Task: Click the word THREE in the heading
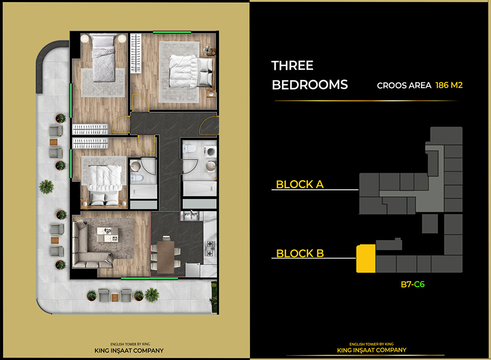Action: click(x=292, y=66)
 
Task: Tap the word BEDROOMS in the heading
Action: click(x=309, y=85)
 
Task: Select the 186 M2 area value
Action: click(x=449, y=86)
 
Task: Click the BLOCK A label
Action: click(x=300, y=185)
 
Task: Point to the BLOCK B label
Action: click(x=300, y=253)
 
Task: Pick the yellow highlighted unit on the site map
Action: click(x=365, y=259)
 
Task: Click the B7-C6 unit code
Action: click(x=412, y=284)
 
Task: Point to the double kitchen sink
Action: click(x=189, y=216)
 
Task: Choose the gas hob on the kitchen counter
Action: click(x=210, y=247)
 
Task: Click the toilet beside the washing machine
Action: click(x=189, y=149)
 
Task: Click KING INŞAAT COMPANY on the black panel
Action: click(x=372, y=350)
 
